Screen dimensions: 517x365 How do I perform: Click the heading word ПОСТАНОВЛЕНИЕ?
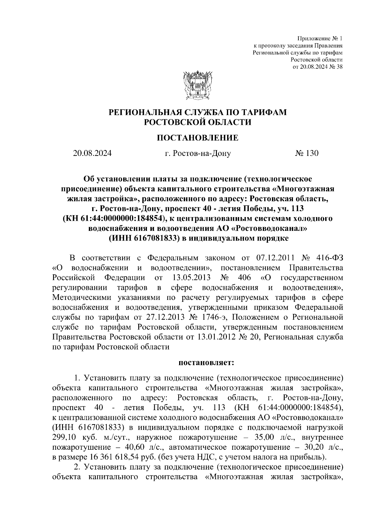pyautogui.click(x=197, y=138)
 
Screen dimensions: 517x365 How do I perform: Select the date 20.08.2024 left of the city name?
pyautogui.click(x=92, y=153)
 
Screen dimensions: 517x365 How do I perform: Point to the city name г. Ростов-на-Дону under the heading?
pyautogui.click(x=198, y=153)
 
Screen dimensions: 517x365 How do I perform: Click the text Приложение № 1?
pyautogui.click(x=320, y=39)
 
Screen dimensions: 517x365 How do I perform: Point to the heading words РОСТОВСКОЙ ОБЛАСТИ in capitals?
pyautogui.click(x=198, y=122)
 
